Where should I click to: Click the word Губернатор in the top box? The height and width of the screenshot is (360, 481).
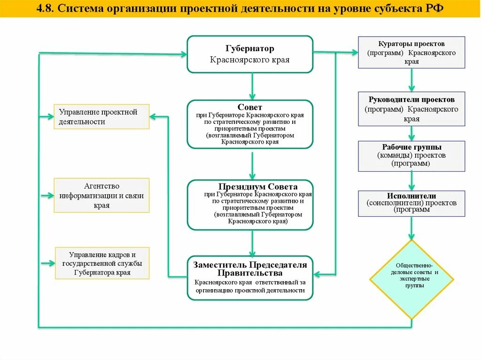(249, 49)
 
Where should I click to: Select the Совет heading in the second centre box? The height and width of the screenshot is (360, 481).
(250, 107)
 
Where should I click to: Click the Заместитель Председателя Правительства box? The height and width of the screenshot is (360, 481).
(250, 278)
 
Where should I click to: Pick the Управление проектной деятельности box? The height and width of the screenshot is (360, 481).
(101, 117)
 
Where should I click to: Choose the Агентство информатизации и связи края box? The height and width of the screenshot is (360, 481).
(101, 196)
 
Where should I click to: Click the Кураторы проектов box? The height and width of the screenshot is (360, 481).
(411, 53)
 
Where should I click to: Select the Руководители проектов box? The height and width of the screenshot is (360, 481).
(411, 109)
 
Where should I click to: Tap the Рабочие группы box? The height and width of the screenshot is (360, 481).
(411, 156)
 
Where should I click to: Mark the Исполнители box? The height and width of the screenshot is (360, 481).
(411, 203)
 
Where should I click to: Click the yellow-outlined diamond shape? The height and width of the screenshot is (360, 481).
(411, 279)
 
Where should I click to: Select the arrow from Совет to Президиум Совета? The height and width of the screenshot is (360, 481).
(252, 164)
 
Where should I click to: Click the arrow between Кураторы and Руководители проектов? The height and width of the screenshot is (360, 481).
(411, 80)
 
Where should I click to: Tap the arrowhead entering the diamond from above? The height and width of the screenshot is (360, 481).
(411, 235)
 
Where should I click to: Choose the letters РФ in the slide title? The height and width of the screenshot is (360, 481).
(435, 9)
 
